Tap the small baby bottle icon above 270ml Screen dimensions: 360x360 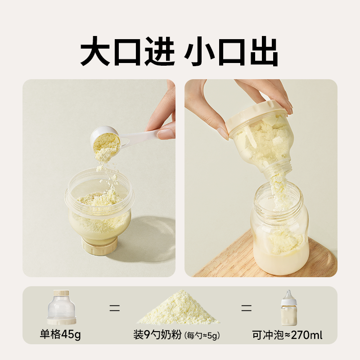tap(286, 308)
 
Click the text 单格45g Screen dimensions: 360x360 tap(61, 335)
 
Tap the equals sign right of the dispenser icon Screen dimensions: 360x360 tap(115, 309)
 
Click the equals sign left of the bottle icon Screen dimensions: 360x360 tap(245, 309)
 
